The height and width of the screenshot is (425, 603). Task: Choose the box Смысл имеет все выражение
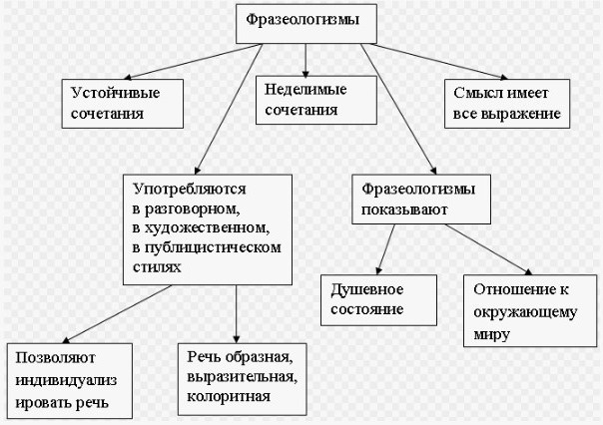pos(507,103)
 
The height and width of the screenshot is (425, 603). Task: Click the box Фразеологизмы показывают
pos(422,200)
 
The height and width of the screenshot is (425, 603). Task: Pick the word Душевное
pos(366,289)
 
